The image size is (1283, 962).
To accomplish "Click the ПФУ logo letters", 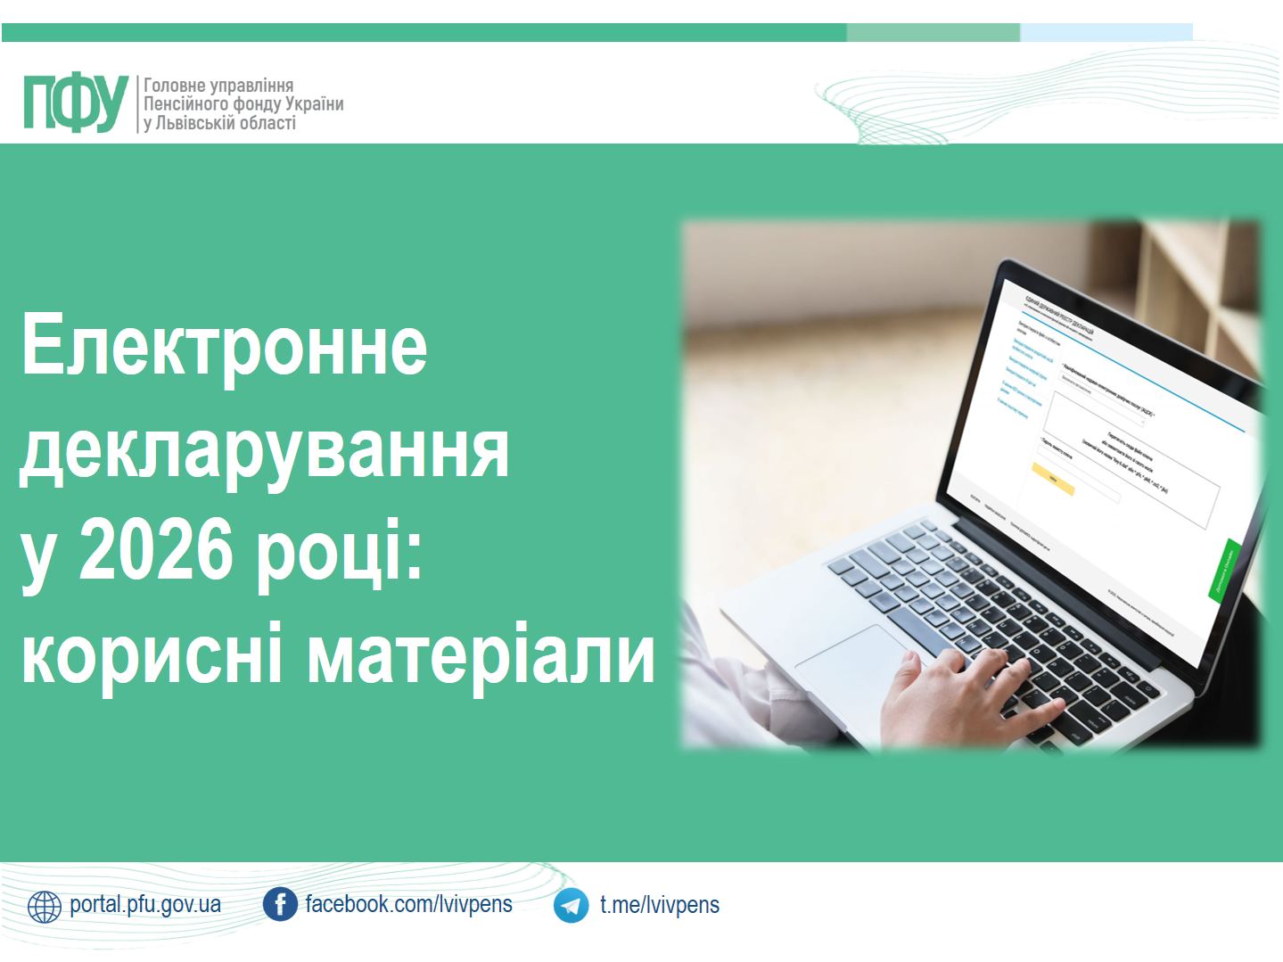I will [76, 104].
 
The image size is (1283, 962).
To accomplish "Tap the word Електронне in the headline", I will [224, 345].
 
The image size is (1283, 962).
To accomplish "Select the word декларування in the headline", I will [265, 450].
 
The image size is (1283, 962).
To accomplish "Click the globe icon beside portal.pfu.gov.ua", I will [45, 906].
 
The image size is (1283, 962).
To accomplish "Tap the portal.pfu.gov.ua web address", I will [145, 904].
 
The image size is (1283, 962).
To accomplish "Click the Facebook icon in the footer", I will [280, 905].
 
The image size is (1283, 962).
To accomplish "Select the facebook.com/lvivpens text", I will [408, 904].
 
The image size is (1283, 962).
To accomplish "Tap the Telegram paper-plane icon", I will [571, 906].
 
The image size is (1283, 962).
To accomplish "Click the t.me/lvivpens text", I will [659, 905].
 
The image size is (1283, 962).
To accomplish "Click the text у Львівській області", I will [219, 123].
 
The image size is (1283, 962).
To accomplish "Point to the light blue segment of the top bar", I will [1106, 33].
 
